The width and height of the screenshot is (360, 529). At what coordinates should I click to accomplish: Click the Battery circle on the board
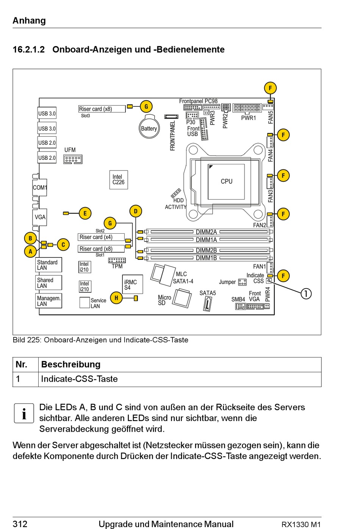(149, 128)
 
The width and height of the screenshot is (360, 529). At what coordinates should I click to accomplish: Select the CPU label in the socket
(227, 181)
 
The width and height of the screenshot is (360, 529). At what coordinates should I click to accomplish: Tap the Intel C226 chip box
(119, 180)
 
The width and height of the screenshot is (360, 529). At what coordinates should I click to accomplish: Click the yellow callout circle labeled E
(85, 213)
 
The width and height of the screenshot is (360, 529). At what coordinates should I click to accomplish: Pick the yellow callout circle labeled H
(116, 298)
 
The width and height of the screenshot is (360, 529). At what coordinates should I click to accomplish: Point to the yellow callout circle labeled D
(136, 211)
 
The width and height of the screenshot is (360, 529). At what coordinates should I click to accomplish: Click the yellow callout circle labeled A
(30, 251)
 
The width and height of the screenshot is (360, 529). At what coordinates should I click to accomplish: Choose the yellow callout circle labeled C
(63, 245)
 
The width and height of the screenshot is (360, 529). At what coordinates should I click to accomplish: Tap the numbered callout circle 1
(306, 294)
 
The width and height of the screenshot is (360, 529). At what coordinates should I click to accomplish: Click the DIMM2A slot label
(207, 232)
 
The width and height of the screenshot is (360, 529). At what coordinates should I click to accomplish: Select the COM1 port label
(40, 187)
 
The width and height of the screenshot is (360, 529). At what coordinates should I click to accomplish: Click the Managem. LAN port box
(49, 301)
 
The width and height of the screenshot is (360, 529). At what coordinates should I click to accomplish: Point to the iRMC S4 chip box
(133, 284)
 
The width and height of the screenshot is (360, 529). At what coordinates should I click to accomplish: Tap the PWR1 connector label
(249, 118)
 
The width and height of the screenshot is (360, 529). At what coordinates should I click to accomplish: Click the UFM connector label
(70, 150)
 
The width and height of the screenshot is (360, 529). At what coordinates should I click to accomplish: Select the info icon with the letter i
(24, 413)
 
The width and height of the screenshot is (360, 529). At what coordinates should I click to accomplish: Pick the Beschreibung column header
(71, 364)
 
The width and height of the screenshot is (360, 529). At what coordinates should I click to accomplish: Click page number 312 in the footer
(20, 524)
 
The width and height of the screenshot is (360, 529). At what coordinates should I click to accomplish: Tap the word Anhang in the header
(29, 20)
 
